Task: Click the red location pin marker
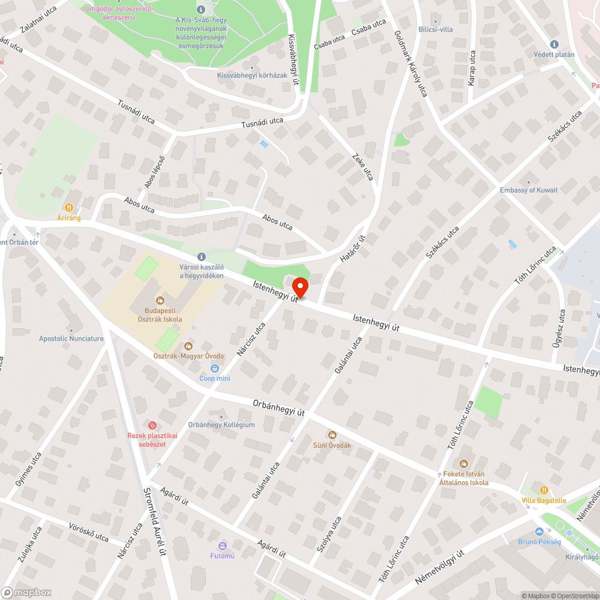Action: pos(299,286)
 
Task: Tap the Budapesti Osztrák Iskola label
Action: pos(163,315)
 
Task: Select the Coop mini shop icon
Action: pos(215,368)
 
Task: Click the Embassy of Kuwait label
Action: pos(529,190)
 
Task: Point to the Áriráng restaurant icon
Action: pos(69,208)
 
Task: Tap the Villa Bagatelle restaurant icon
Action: pos(544,490)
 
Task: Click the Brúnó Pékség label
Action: pos(539,542)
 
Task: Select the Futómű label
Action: pos(222,555)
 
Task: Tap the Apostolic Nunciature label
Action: pos(71,338)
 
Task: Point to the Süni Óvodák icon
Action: pos(332,435)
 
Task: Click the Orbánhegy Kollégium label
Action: pos(221,425)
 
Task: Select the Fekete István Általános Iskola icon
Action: pos(463,464)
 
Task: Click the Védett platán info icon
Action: pos(554,44)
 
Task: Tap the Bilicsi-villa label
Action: pos(436,29)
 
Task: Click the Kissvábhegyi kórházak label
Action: pos(252,76)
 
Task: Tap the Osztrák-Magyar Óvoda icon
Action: pos(188,346)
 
